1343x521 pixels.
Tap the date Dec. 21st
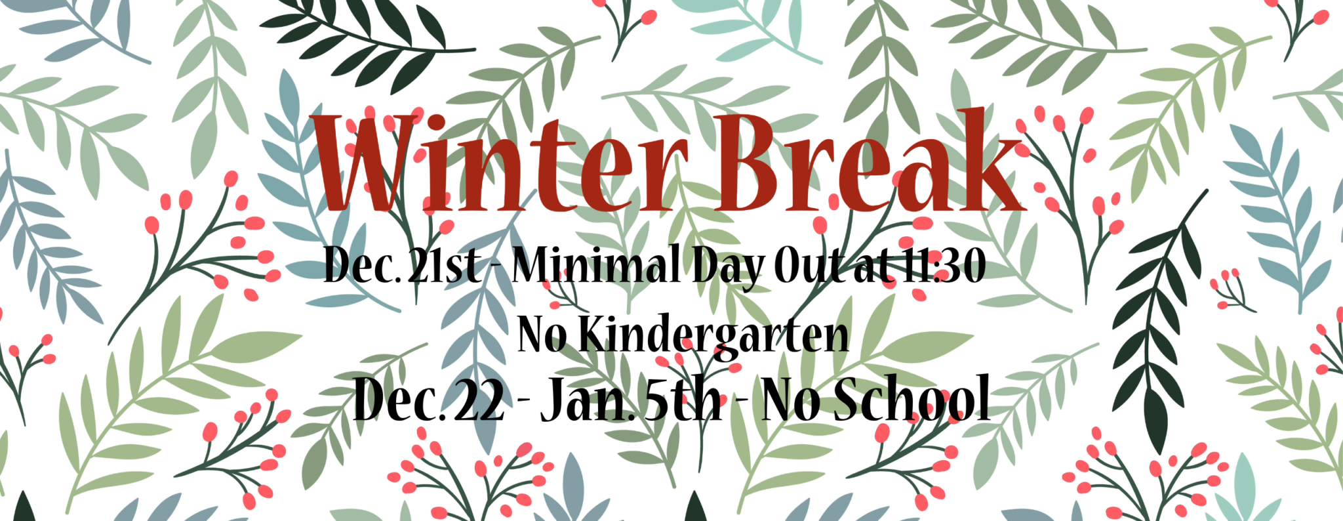pos(401,266)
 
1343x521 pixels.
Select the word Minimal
pos(596,266)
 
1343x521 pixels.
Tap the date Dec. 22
pos(429,399)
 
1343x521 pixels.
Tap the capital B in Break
pos(748,163)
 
